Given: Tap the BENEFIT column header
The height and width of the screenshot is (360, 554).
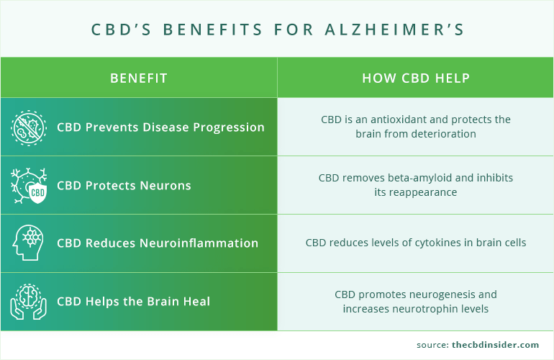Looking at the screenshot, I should pyautogui.click(x=139, y=78).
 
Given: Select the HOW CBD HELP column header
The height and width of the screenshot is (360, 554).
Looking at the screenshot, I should pyautogui.click(x=415, y=78).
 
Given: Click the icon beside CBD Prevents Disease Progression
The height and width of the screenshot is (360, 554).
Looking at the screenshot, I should pyautogui.click(x=29, y=127).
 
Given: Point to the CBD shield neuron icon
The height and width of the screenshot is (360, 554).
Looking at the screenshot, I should pyautogui.click(x=29, y=186).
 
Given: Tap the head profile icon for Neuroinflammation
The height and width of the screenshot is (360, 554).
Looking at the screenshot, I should pyautogui.click(x=29, y=243).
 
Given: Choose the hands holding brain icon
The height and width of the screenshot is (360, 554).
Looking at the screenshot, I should pyautogui.click(x=29, y=301).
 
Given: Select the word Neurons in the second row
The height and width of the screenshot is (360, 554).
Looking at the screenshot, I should pyautogui.click(x=167, y=186).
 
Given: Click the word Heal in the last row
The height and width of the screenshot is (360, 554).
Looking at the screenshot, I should pyautogui.click(x=196, y=301).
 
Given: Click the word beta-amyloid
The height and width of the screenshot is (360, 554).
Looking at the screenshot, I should pyautogui.click(x=424, y=177).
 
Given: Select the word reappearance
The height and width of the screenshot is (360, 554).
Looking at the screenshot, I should pyautogui.click(x=423, y=192).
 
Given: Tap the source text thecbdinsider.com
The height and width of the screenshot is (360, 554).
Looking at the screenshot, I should pyautogui.click(x=498, y=345).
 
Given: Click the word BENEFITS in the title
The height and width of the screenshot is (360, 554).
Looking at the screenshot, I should pyautogui.click(x=211, y=30).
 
